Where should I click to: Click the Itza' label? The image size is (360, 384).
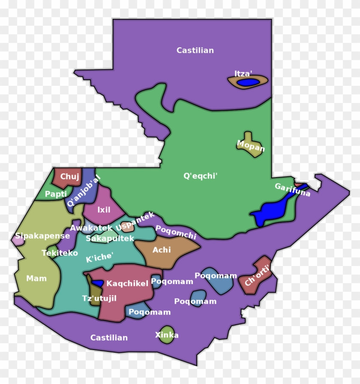243,73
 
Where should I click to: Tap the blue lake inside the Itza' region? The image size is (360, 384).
248,82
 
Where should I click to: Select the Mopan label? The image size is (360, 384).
251,146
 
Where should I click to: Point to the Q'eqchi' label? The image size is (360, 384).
201,175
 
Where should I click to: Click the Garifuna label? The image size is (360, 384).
292,190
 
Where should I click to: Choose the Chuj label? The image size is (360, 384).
69,176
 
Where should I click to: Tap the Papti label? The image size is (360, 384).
56,194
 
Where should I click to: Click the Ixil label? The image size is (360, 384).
104,210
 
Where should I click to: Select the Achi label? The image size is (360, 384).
162,250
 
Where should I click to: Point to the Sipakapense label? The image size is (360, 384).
42,236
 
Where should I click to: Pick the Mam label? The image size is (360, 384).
36,278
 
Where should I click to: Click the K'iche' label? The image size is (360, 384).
99,257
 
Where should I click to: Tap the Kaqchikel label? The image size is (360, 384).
127,283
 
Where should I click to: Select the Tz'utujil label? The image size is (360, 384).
99,298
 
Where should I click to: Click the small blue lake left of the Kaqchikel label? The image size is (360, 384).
98,283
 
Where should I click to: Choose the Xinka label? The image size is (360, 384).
167,335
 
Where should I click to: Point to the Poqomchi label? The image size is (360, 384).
176,232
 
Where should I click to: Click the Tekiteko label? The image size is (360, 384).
60,253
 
